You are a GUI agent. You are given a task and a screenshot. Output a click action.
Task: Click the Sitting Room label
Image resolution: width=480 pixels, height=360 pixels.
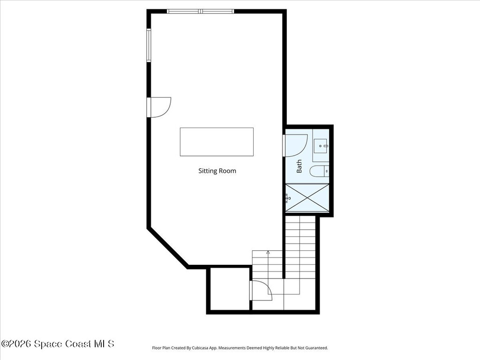(217, 171)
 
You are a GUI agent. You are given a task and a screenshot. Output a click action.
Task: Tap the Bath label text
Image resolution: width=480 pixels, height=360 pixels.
(299, 166)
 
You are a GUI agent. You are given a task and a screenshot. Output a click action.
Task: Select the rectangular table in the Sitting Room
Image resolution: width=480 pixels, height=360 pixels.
(217, 142)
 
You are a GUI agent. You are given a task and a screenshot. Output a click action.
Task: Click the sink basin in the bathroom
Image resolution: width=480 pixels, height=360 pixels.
(321, 146)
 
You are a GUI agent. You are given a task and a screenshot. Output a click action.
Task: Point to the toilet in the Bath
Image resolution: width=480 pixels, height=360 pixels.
(318, 172)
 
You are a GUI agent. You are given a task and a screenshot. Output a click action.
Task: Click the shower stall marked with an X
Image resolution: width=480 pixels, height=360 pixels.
(307, 198)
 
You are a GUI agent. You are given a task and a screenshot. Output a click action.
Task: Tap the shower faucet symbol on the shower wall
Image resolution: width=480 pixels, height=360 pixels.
(287, 198)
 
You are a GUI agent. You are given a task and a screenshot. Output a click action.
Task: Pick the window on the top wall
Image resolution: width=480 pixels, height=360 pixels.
(201, 11)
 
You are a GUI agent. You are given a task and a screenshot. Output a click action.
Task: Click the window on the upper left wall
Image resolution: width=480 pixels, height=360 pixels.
(149, 45)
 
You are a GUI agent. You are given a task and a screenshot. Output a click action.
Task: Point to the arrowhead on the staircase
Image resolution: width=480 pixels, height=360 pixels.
(268, 252)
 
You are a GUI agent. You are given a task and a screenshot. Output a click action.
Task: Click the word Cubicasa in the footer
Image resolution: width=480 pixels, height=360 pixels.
(207, 348)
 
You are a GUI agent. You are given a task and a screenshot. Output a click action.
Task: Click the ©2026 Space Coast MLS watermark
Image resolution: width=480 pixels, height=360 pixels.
(58, 344)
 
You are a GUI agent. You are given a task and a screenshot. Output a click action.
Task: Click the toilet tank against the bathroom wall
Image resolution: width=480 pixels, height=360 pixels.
(326, 172)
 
